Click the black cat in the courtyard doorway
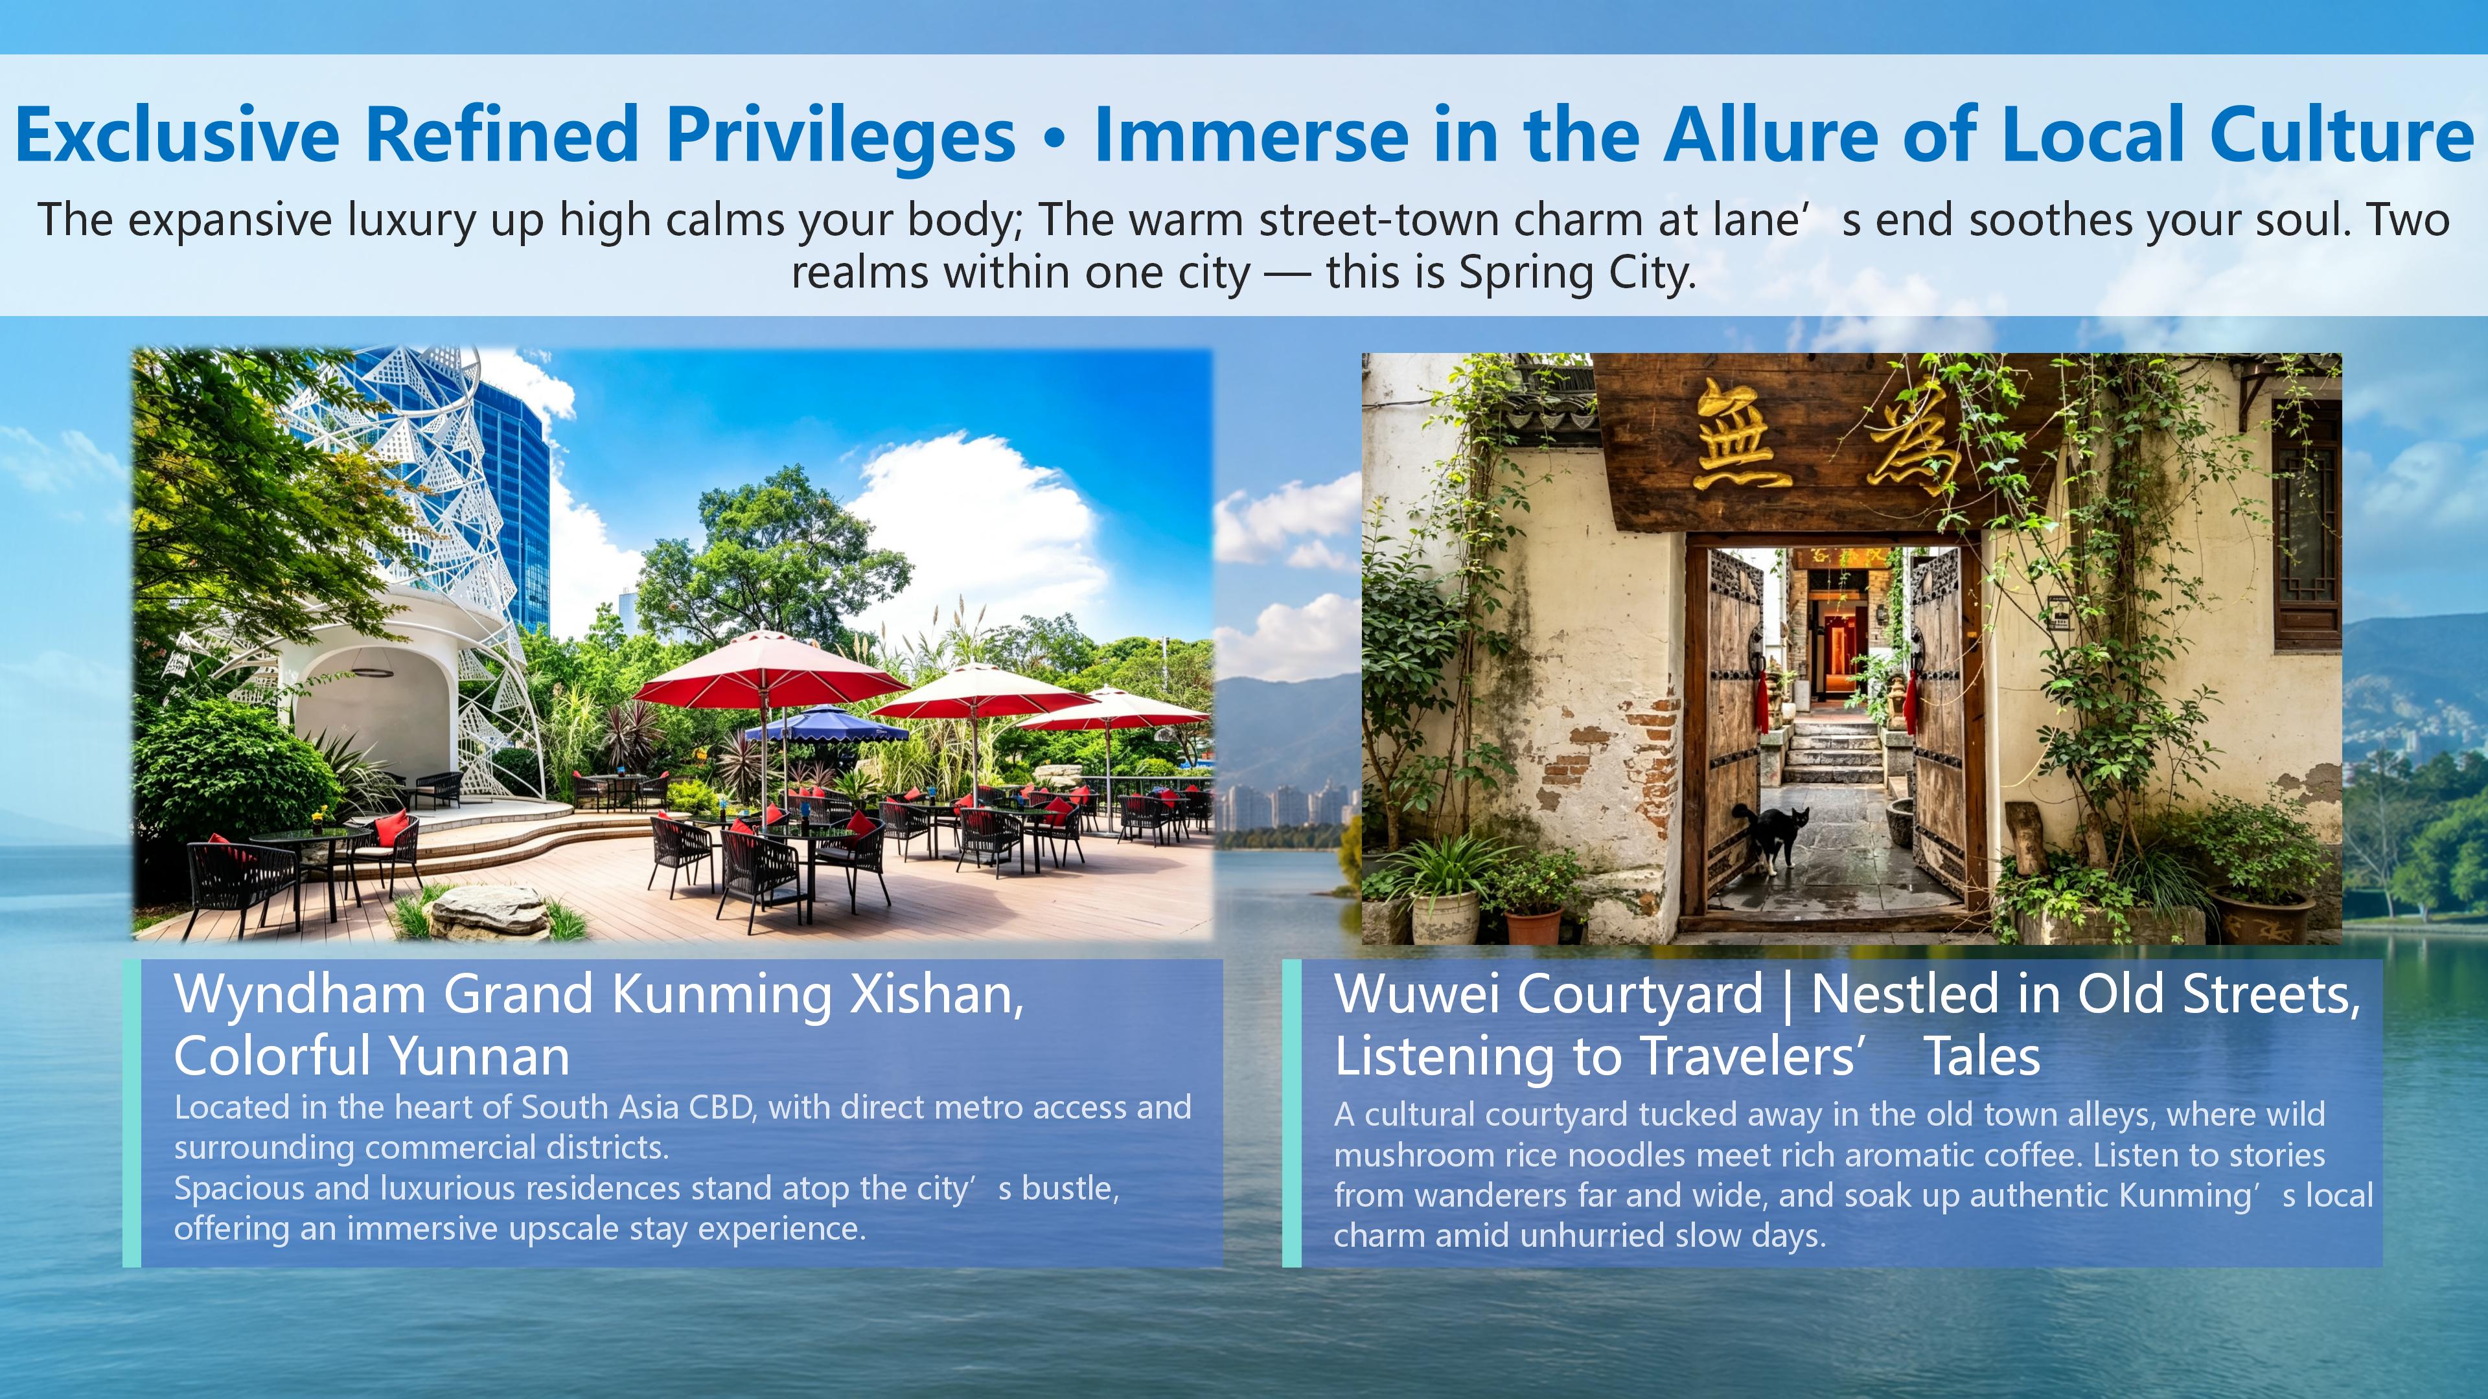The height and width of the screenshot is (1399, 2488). (1769, 837)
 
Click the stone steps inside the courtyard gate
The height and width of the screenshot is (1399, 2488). (1830, 748)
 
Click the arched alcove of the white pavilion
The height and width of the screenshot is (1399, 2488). (372, 714)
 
